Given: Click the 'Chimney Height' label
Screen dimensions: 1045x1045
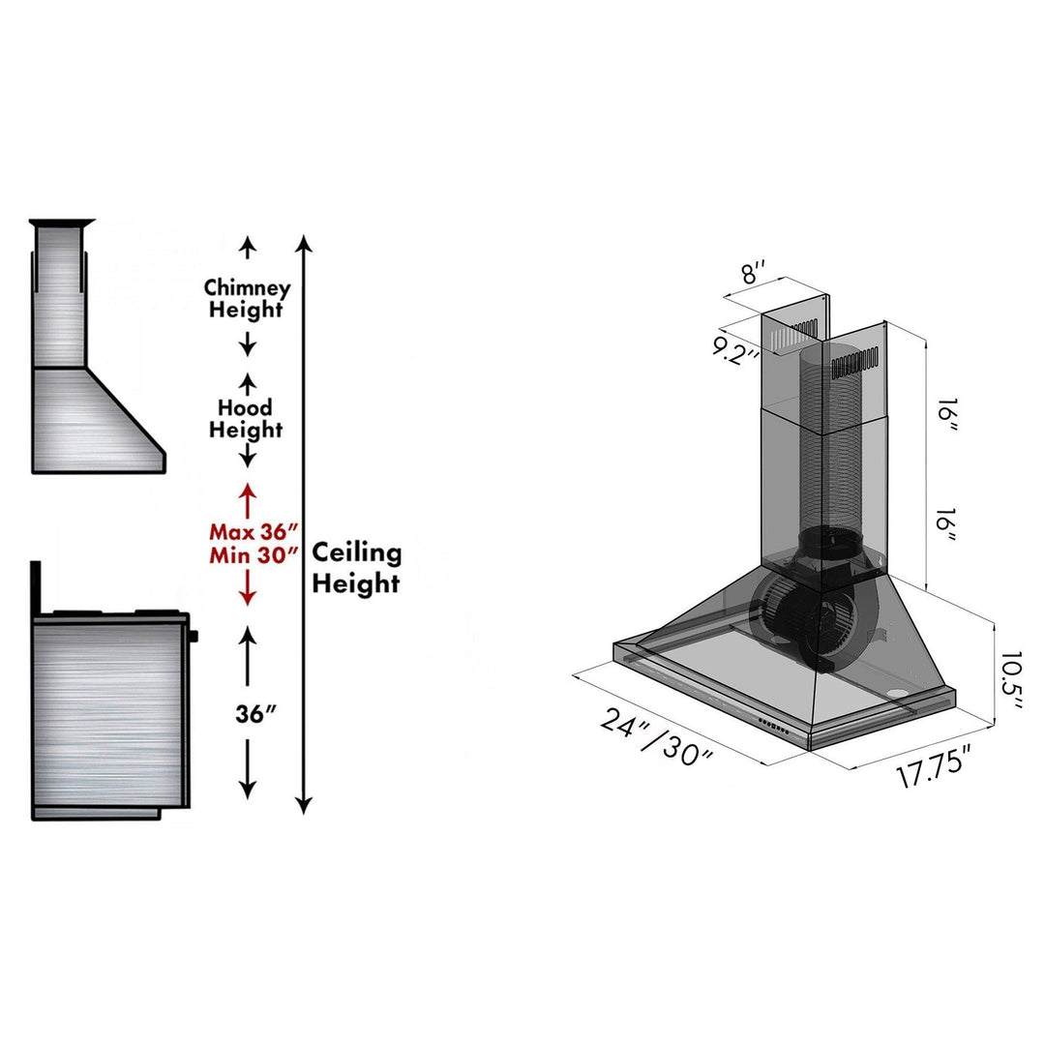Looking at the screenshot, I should pos(247,299).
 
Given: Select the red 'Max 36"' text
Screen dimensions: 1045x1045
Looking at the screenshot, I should pos(248,532).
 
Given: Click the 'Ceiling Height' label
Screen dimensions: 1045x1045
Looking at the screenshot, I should pos(356,568).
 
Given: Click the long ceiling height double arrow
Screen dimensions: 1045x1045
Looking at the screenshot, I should pos(305,522).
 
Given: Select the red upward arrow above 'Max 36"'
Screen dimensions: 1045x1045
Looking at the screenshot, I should pos(248,497).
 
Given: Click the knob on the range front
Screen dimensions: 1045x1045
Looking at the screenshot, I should pos(194,636).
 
